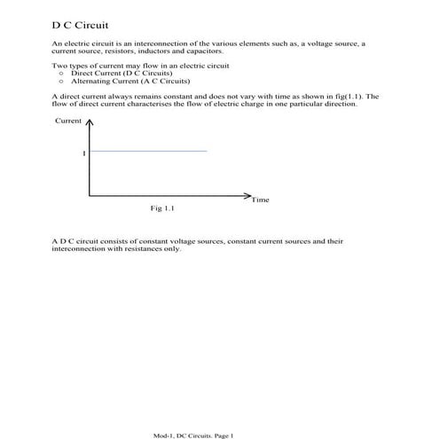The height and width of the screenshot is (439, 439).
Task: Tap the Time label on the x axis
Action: pos(260,200)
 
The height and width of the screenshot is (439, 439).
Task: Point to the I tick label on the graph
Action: pos(83,153)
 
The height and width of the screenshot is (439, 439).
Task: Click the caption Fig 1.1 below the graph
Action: pos(162,209)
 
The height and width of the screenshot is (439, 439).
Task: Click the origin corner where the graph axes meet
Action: pos(89,194)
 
